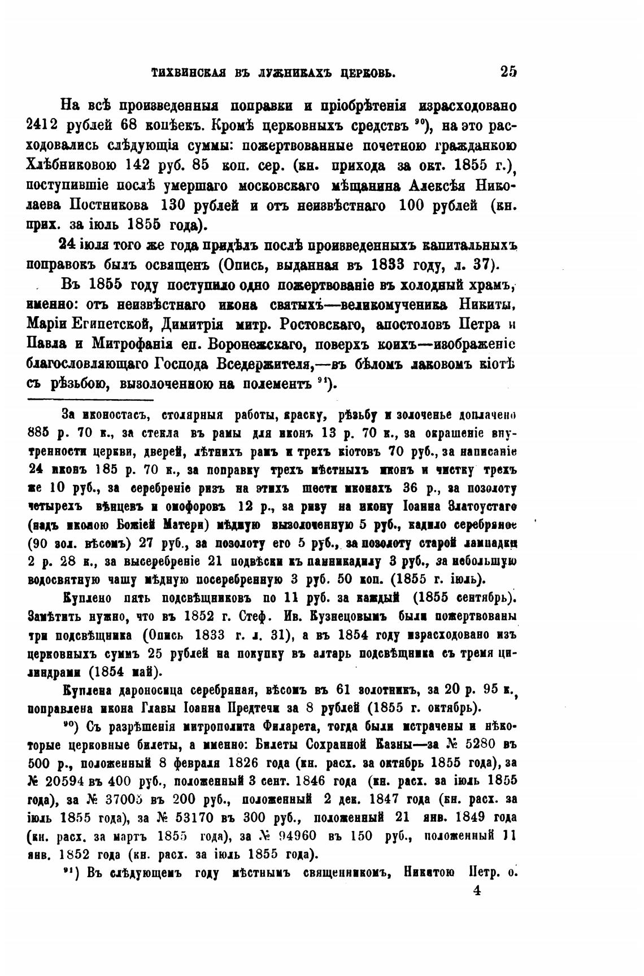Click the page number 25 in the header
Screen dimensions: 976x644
tap(508, 72)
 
